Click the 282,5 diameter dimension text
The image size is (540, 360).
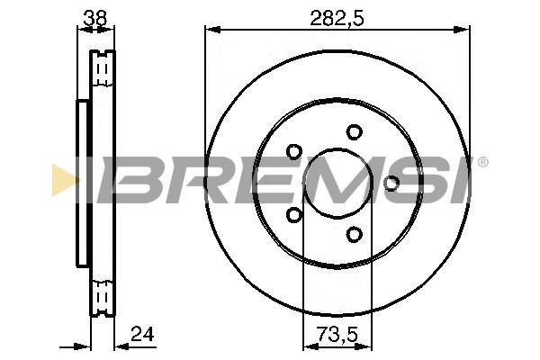pyautogui.click(x=337, y=15)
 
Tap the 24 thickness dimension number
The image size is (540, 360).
pyautogui.click(x=141, y=335)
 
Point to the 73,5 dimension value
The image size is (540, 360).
pyautogui.click(x=337, y=335)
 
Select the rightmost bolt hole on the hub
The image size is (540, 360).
pyautogui.click(x=391, y=184)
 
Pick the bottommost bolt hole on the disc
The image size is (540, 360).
pyautogui.click(x=354, y=235)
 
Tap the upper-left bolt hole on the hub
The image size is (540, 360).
pyautogui.click(x=293, y=151)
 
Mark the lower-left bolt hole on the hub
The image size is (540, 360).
pyautogui.click(x=293, y=215)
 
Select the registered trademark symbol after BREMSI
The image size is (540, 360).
pyautogui.click(x=482, y=163)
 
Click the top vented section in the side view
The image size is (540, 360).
pyautogui.click(x=103, y=69)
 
